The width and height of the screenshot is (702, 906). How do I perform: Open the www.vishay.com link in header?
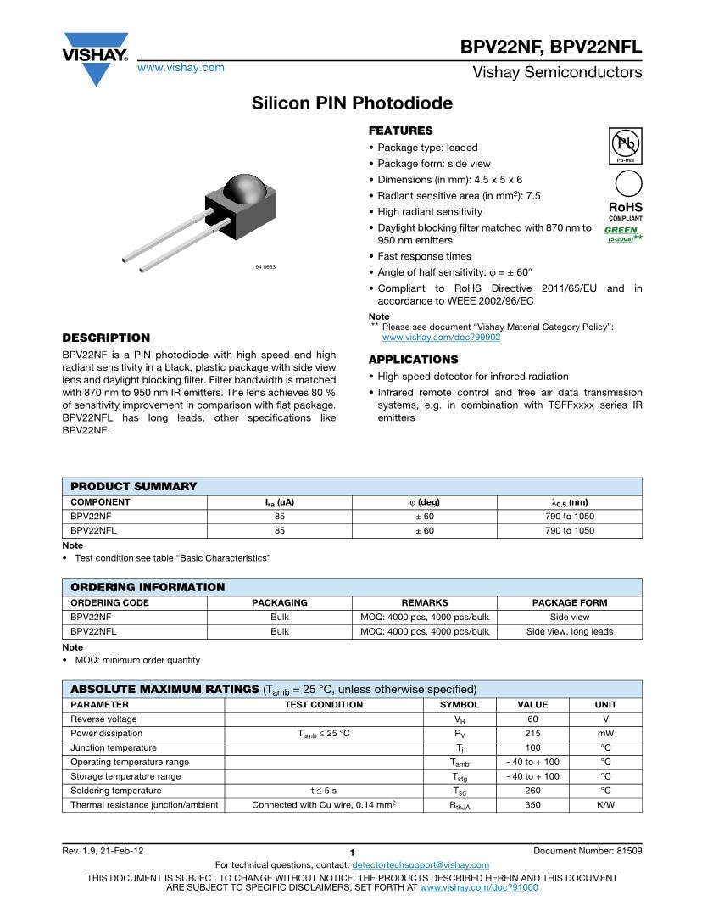coord(181,68)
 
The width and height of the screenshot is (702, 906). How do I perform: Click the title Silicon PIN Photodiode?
coord(352,103)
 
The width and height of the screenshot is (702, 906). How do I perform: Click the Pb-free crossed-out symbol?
coord(625,143)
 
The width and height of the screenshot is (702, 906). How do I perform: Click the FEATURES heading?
coord(400,131)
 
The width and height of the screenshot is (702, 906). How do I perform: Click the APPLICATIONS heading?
coord(413,360)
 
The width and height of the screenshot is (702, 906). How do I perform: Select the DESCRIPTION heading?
coord(106,338)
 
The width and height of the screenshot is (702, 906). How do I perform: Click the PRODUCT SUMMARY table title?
coord(133,486)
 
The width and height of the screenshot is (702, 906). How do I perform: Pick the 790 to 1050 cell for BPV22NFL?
coord(569,531)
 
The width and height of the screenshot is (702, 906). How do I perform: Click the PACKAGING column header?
coord(280,603)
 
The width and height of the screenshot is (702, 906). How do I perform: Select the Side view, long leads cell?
coord(569,632)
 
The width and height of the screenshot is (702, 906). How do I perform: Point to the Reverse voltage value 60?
coord(532,719)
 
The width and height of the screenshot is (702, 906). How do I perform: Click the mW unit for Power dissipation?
coord(605,734)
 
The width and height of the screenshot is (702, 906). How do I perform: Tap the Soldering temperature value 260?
coord(532,791)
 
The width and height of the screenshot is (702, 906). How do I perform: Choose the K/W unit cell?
coord(605,805)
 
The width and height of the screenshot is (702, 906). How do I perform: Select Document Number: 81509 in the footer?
coord(588,851)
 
